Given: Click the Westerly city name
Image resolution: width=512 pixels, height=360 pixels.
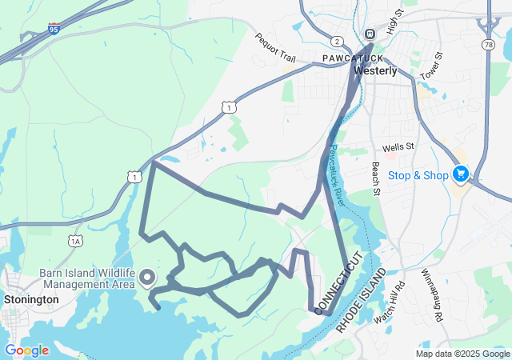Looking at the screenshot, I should (374, 70).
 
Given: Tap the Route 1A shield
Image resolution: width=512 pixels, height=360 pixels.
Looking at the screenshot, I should (76, 241).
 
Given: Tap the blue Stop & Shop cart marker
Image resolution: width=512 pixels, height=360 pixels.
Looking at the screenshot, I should (460, 173).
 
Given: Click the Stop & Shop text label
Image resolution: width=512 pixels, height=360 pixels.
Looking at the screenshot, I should (418, 174).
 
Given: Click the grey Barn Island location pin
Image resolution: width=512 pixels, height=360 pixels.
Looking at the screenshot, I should (146, 278).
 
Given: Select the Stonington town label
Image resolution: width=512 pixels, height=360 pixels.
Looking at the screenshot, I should (31, 299).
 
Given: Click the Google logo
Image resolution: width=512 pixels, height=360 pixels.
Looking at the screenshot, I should (26, 350).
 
